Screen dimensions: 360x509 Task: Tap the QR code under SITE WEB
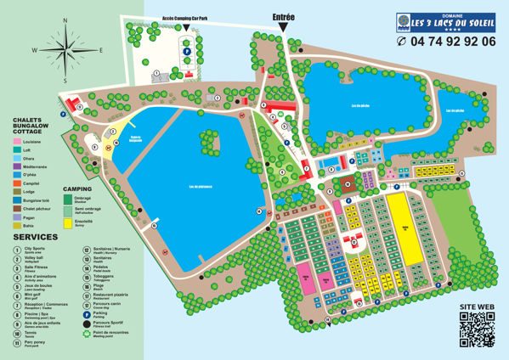click(x=476, y=329)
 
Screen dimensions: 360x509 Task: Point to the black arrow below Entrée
click(x=282, y=28)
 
